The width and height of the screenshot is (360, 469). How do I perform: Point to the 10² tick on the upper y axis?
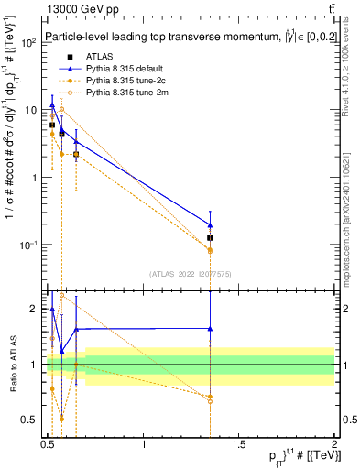click(x=33, y=42)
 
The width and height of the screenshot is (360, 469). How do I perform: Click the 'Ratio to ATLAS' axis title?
click(x=12, y=362)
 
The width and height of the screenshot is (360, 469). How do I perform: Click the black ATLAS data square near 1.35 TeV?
click(x=211, y=238)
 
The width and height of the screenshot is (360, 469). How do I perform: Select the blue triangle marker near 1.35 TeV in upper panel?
click(x=211, y=224)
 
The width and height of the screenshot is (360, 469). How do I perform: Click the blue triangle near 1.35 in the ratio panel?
click(x=211, y=328)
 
